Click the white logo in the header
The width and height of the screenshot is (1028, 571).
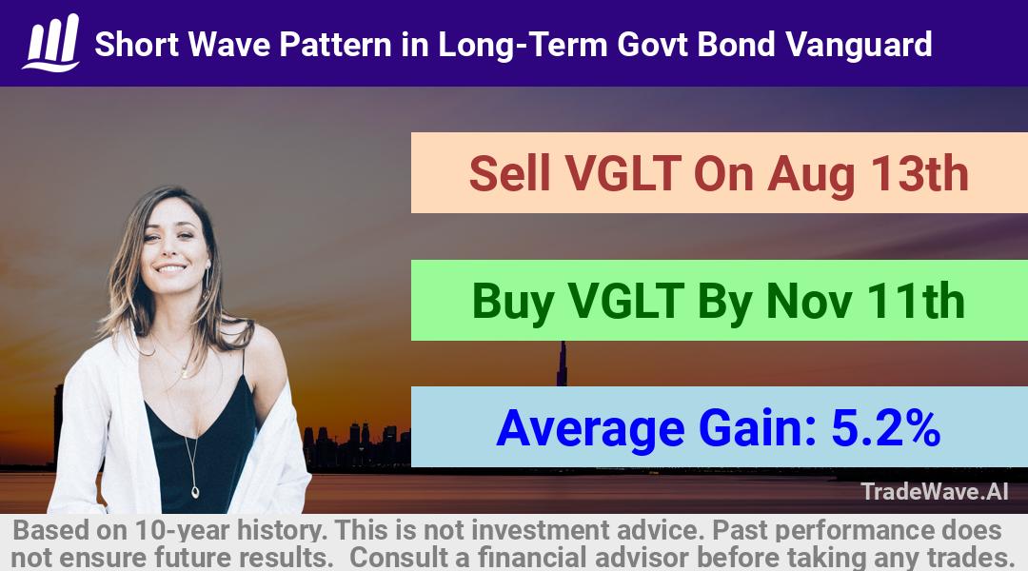click(51, 43)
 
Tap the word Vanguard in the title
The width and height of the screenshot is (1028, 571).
click(859, 45)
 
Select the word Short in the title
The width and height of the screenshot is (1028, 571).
click(136, 45)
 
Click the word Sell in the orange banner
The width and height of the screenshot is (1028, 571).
click(509, 173)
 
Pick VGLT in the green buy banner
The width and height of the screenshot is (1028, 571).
click(625, 301)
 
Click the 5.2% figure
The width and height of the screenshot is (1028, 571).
click(886, 428)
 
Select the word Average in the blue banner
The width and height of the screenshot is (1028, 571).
click(591, 429)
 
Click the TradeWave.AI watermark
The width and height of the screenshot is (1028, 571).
click(935, 491)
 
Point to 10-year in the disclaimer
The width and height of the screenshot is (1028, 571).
click(183, 530)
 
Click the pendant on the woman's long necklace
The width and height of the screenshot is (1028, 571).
click(195, 490)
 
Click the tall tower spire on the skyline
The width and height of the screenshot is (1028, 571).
click(562, 364)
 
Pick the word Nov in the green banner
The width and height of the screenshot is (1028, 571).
click(809, 301)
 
